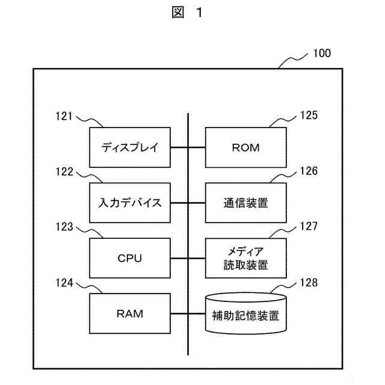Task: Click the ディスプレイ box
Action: click(x=130, y=147)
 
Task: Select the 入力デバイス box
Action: click(x=130, y=202)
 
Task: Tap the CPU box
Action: click(x=130, y=258)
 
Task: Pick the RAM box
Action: click(x=130, y=313)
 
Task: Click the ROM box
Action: click(x=245, y=147)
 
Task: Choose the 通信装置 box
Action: click(x=245, y=202)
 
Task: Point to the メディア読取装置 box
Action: click(x=245, y=258)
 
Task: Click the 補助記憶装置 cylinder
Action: click(x=245, y=313)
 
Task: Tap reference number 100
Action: click(x=322, y=54)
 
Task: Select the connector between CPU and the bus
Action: click(x=180, y=258)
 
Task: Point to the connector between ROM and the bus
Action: click(x=197, y=147)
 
